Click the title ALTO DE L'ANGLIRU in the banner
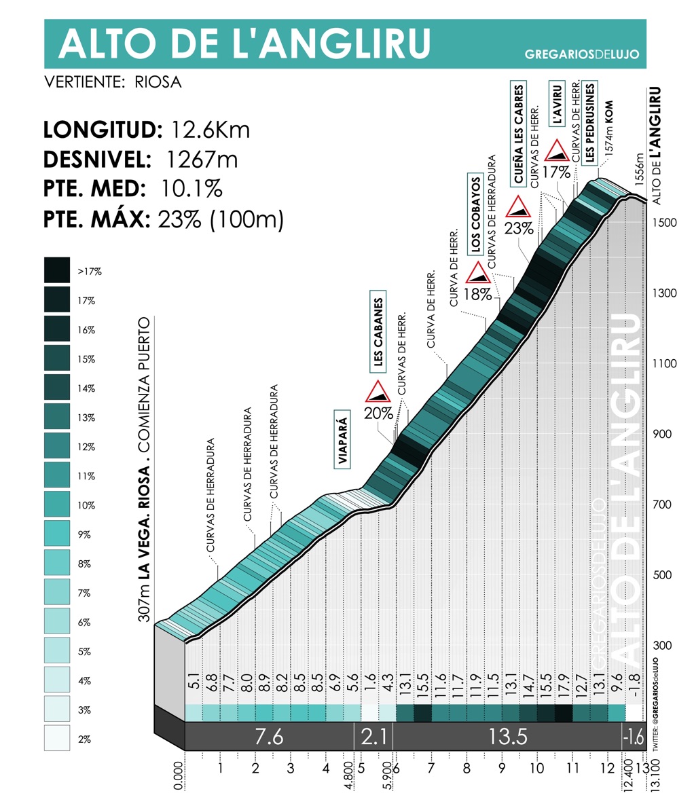[x=244, y=43]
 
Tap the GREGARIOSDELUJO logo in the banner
[x=582, y=54]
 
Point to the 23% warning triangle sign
[x=519, y=207]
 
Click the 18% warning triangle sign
[x=478, y=273]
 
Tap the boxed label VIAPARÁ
[x=342, y=439]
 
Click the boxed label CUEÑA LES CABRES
[x=519, y=135]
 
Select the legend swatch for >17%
[x=57, y=270]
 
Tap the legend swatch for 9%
[x=57, y=534]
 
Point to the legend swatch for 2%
[x=57, y=738]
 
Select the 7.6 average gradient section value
[x=269, y=737]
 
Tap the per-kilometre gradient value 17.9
[x=564, y=688]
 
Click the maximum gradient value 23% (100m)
[x=221, y=219]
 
